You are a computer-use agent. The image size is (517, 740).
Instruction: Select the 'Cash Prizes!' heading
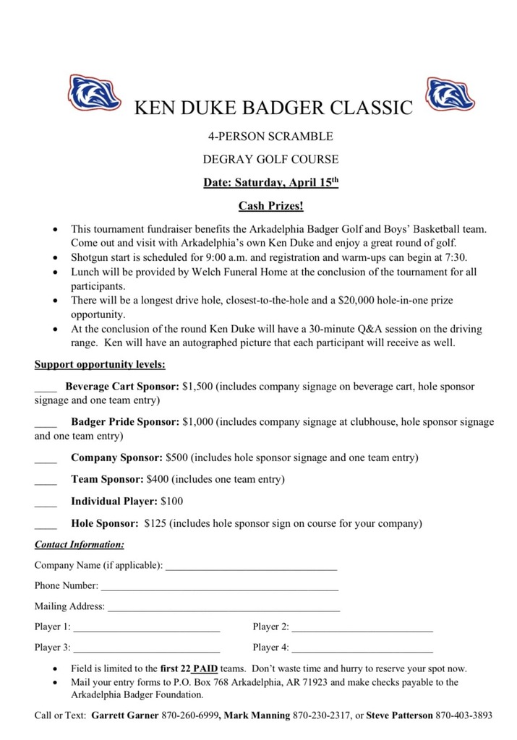click(271, 206)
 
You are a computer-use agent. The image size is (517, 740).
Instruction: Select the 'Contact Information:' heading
click(80, 543)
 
